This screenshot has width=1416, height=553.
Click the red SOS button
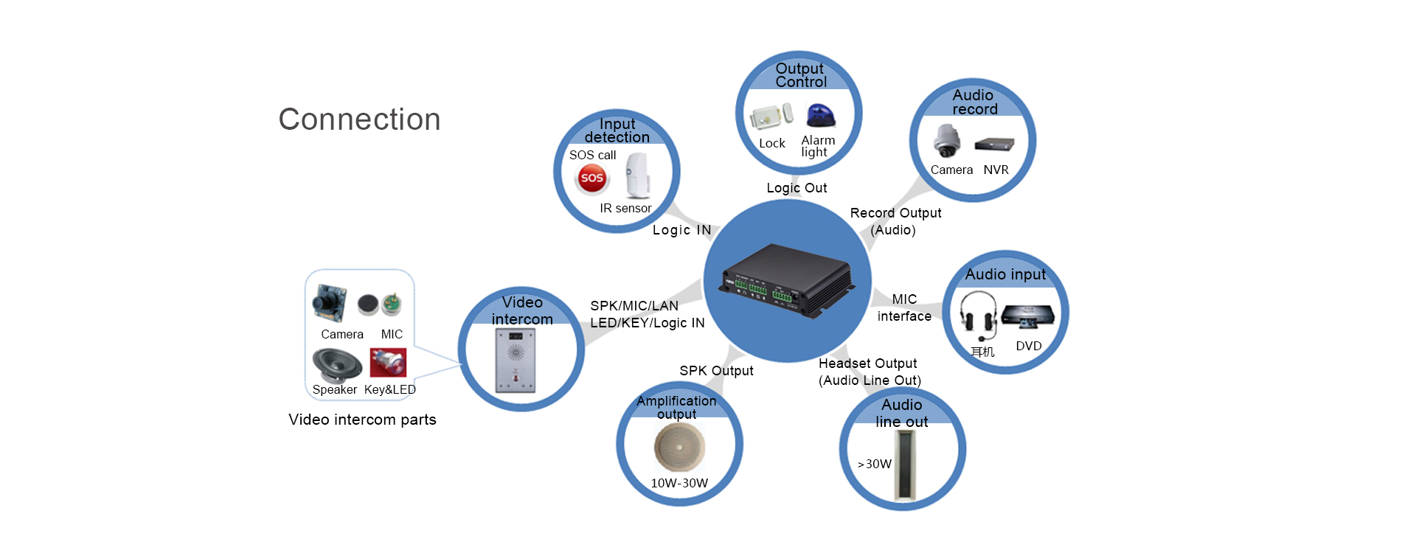click(591, 178)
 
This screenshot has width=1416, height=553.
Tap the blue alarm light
click(820, 116)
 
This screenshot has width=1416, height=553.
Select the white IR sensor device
click(638, 175)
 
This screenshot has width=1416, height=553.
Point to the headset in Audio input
click(979, 316)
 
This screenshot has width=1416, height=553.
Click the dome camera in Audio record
click(946, 140)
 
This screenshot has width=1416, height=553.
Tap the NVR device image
click(994, 145)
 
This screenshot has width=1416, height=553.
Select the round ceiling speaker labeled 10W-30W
click(679, 448)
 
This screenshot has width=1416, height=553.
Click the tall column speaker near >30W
click(904, 465)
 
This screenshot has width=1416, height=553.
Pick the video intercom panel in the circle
click(516, 361)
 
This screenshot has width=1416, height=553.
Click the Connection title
click(359, 119)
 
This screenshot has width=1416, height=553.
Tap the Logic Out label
click(796, 188)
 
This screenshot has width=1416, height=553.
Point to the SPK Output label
click(716, 371)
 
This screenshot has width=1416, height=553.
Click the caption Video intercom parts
click(362, 420)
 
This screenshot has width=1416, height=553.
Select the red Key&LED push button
click(388, 362)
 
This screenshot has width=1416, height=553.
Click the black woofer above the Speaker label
click(337, 364)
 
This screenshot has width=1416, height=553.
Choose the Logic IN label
click(681, 230)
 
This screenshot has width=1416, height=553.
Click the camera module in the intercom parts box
click(329, 302)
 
